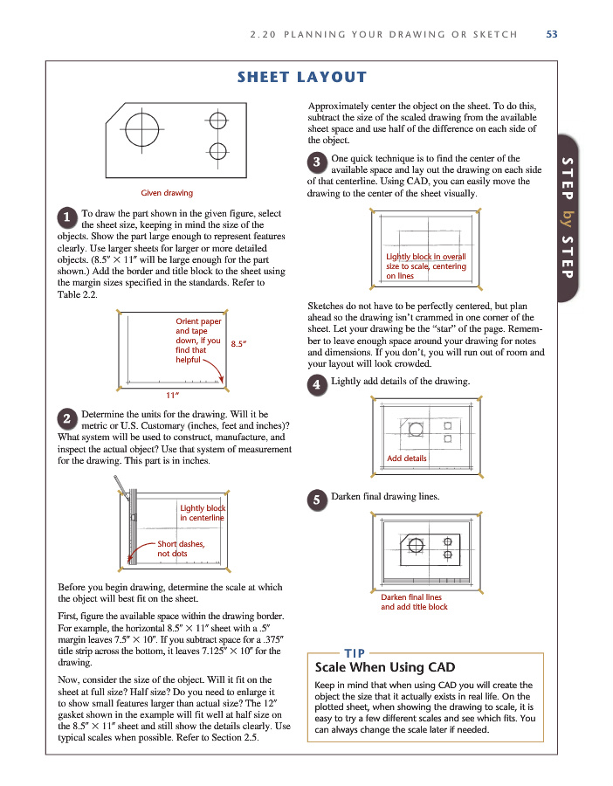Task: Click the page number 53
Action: (551, 35)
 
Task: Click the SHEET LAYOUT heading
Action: (302, 78)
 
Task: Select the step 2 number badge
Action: (66, 418)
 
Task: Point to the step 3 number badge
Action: (317, 162)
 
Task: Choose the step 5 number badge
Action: (317, 500)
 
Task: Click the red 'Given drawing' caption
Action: (167, 193)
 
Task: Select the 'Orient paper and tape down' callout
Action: (198, 341)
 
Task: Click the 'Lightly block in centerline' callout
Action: (202, 513)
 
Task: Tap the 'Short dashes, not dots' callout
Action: (180, 548)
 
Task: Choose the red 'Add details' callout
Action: (406, 458)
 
